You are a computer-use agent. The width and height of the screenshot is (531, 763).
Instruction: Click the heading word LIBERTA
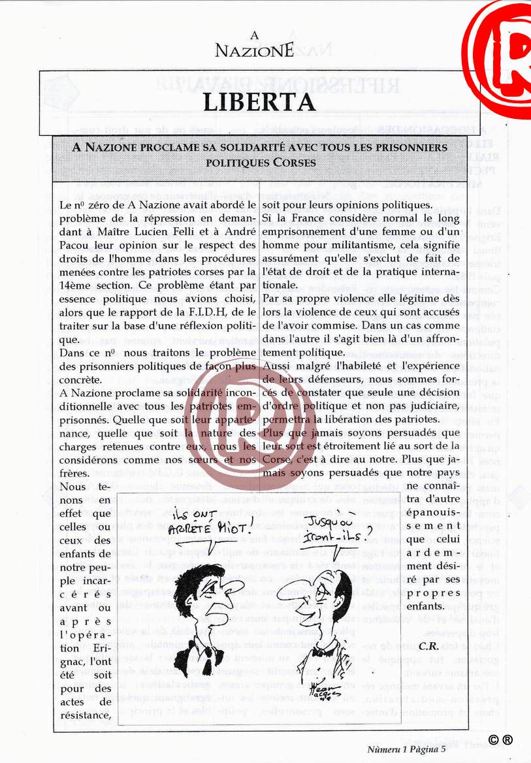[x=259, y=102]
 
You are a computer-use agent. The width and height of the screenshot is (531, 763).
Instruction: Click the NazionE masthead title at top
[x=255, y=49]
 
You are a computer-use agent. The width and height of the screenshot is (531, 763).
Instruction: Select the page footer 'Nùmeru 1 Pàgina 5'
[x=406, y=749]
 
